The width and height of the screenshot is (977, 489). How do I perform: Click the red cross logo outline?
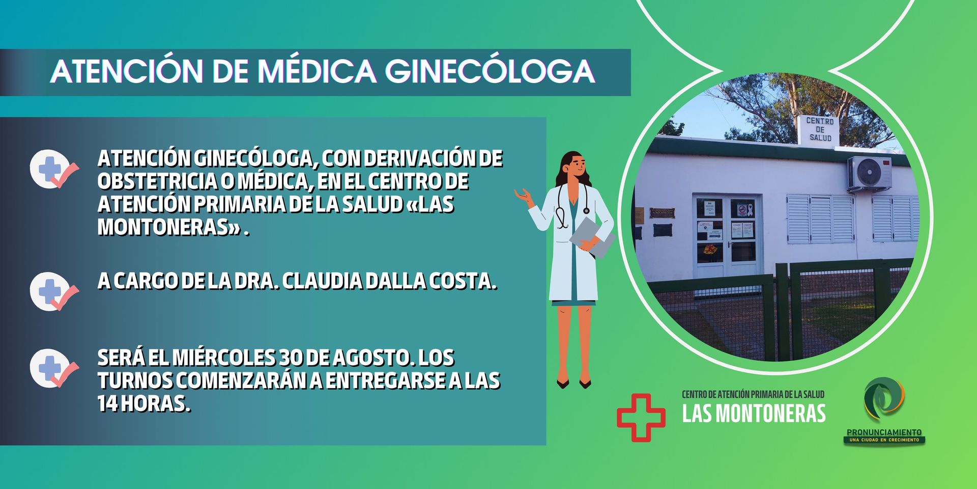(641, 417)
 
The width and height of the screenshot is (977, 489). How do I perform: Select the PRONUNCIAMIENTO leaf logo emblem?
(884, 399)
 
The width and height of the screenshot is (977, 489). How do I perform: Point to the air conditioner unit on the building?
(869, 173)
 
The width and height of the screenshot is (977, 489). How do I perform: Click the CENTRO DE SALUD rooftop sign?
(820, 129)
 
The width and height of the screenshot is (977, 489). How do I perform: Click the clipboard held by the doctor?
(592, 237)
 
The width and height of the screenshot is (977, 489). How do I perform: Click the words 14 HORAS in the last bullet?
(144, 403)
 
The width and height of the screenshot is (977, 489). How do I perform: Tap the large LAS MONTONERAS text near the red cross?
(754, 413)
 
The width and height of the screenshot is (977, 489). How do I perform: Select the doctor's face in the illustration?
(576, 166)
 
